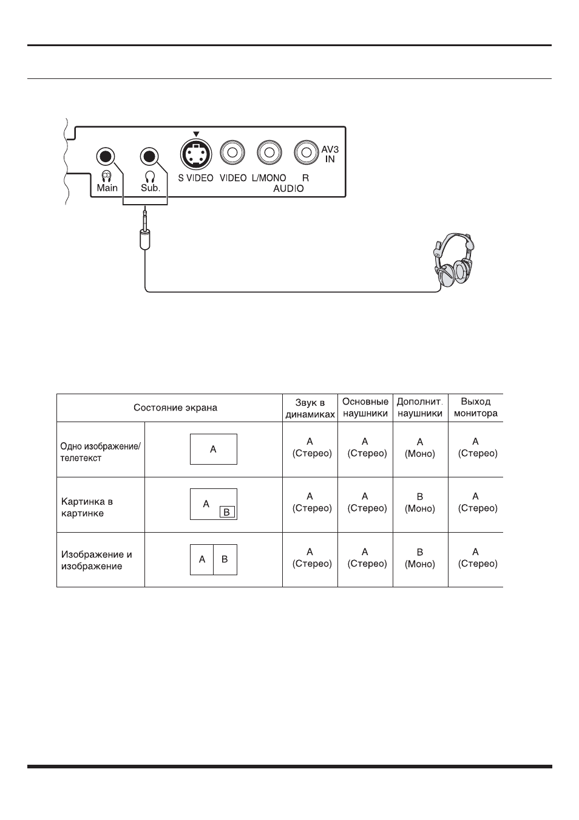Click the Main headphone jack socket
click(106, 157)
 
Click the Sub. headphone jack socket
click(149, 157)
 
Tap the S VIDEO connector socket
click(196, 154)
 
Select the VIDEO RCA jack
click(232, 152)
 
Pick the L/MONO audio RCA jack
click(269, 152)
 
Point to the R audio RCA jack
click(306, 152)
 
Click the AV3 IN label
click(330, 154)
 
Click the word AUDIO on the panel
click(288, 188)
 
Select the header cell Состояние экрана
click(175, 408)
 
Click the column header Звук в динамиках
click(310, 409)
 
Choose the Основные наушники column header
click(365, 408)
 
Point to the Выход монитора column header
click(475, 408)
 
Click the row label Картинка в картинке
click(87, 507)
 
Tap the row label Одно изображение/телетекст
click(100, 452)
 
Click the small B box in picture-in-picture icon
click(227, 512)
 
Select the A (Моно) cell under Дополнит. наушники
click(420, 448)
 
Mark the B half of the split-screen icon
click(225, 559)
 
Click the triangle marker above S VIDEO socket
click(196, 134)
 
